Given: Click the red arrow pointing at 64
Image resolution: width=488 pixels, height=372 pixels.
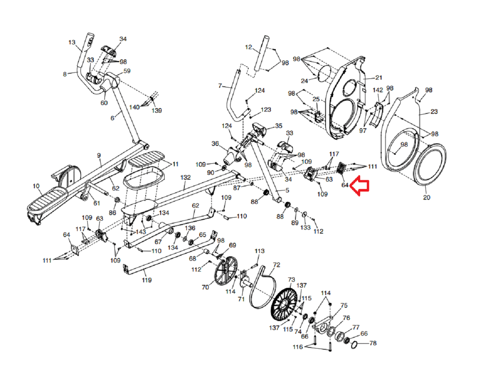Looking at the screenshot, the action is click(x=360, y=186).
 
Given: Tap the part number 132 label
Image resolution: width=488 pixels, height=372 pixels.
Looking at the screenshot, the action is click(x=185, y=177).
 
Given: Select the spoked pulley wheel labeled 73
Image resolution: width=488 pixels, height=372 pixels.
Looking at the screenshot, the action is click(x=284, y=304).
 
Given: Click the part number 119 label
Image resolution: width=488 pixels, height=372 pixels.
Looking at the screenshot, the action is click(x=147, y=280).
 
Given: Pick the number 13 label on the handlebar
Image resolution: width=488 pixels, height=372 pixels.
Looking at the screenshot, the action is click(x=72, y=42).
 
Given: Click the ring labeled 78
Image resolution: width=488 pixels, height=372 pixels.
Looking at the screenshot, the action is click(x=354, y=345).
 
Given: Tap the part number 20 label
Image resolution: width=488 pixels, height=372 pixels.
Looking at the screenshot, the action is click(x=426, y=198).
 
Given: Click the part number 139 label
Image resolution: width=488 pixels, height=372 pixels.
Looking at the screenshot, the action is click(x=157, y=110).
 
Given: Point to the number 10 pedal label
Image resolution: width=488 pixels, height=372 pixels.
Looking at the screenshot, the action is click(x=36, y=186).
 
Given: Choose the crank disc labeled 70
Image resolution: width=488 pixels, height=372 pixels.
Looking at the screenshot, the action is click(x=226, y=271).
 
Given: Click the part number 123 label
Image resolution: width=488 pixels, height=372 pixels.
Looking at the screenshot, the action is click(x=266, y=109).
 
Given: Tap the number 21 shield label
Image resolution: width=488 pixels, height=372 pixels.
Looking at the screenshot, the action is click(x=379, y=77).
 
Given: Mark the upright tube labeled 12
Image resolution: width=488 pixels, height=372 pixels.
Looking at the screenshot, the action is click(x=262, y=54).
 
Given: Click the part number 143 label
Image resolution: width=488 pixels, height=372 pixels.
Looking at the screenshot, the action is click(x=141, y=232).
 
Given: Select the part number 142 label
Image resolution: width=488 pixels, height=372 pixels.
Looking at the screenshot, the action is click(x=378, y=90).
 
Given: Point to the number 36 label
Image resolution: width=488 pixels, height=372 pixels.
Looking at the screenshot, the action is click(x=215, y=144).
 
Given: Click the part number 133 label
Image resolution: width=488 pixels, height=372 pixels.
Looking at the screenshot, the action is click(x=305, y=227).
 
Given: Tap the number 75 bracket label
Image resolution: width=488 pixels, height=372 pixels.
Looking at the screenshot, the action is click(x=344, y=305).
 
